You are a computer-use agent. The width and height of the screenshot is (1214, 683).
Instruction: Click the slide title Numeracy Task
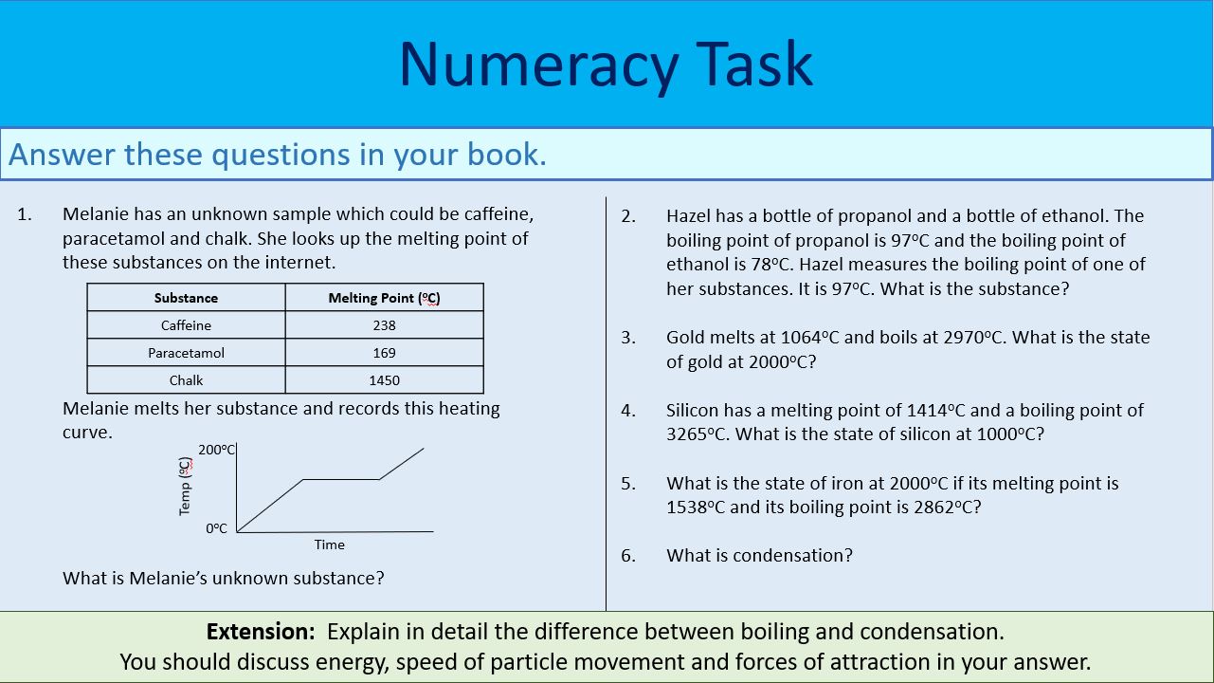606,65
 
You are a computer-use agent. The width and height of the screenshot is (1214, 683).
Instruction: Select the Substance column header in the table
186,298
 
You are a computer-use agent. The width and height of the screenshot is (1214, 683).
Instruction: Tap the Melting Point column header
384,298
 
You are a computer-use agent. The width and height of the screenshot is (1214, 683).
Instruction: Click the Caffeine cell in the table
186,325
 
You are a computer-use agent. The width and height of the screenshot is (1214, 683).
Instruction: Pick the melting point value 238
384,325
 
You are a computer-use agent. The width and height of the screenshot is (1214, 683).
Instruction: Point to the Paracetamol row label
186,353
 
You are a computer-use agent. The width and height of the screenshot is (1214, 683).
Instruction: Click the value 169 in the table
384,353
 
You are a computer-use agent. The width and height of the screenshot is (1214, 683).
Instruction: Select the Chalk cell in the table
186,380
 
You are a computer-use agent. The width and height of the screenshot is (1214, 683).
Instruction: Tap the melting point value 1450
384,380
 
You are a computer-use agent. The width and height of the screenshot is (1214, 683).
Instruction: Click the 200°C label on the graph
216,450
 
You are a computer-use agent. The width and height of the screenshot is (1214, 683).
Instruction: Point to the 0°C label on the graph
217,528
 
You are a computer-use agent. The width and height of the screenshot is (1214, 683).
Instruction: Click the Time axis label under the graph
329,545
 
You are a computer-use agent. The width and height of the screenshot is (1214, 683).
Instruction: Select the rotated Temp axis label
186,487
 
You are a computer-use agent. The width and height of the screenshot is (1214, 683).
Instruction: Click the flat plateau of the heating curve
340,479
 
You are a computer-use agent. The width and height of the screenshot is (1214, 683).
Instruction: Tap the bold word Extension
260,632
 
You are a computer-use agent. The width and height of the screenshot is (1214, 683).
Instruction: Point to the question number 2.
628,216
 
